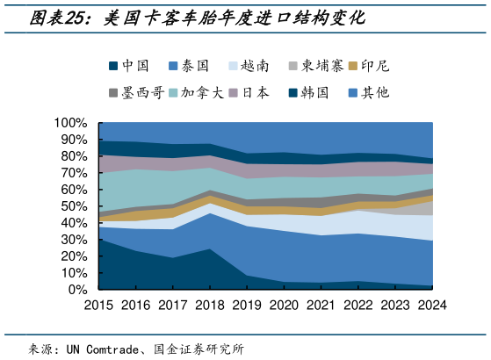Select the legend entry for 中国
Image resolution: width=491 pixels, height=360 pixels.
click(129, 65)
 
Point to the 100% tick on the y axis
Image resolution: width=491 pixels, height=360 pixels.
click(70, 123)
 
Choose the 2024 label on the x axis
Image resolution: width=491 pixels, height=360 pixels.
click(432, 306)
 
